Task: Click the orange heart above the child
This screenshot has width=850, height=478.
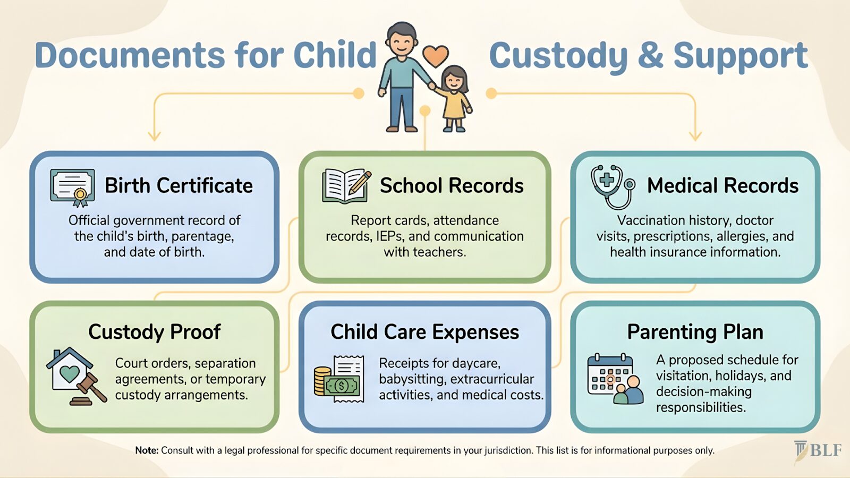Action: [x=435, y=55]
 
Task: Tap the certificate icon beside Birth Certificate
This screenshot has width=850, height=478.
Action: [x=73, y=187]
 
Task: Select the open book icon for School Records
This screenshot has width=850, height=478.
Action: [x=346, y=186]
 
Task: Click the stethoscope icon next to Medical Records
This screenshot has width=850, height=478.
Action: [x=613, y=186]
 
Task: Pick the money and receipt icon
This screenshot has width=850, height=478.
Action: [x=339, y=379]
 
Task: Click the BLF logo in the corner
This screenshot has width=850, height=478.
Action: [x=818, y=451]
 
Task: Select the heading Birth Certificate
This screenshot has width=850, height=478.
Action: [x=178, y=186]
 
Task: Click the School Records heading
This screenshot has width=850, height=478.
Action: [x=452, y=186]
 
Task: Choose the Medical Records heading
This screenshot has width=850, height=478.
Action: [x=722, y=186]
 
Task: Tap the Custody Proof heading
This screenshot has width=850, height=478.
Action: [x=154, y=332]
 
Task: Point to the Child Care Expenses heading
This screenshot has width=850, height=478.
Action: [x=424, y=332]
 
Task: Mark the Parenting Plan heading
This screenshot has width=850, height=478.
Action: [x=695, y=332]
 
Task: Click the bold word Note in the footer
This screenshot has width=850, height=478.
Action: [x=147, y=450]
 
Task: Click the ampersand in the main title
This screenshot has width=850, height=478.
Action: [x=651, y=55]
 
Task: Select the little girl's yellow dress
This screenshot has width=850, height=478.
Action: [x=455, y=105]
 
